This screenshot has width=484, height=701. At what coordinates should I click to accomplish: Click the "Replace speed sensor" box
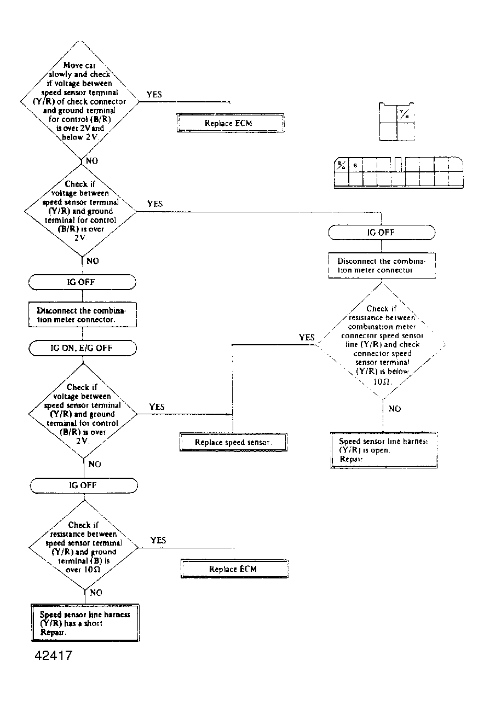point(234,442)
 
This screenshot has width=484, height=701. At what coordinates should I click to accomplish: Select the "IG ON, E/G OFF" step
point(82,347)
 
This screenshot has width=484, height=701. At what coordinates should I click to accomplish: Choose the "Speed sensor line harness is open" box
point(384,450)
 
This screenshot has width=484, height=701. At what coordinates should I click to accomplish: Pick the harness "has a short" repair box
point(84,623)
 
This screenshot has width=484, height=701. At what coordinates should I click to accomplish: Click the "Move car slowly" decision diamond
point(80,102)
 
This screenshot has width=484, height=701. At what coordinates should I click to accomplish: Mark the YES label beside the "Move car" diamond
point(154,95)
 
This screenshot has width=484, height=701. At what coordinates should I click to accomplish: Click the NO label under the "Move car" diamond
point(92,161)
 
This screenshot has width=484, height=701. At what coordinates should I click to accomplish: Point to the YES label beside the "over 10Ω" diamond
point(158,540)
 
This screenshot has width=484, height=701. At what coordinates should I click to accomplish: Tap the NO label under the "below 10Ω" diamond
point(394,408)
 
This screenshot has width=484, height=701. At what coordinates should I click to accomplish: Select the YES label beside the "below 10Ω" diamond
point(307,338)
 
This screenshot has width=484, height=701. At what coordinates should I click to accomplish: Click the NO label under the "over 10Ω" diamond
point(95,592)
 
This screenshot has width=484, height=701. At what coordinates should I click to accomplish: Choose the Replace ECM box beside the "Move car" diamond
point(229,123)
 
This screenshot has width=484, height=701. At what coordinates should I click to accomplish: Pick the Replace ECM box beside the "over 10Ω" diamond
point(233,569)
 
